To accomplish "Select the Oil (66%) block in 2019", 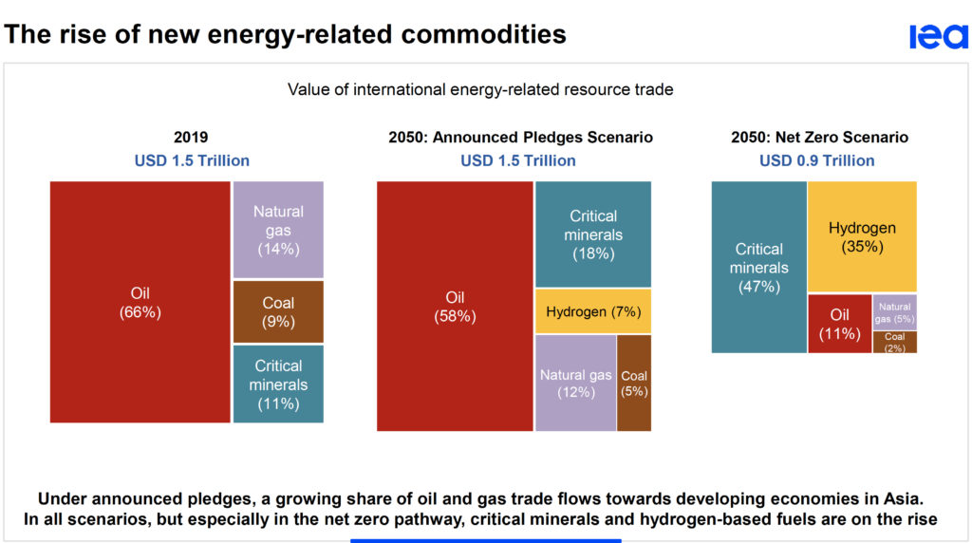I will pos(140,302).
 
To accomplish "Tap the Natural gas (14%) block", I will pos(278,230).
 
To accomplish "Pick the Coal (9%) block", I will pos(278,311).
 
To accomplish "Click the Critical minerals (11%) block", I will pos(278,384).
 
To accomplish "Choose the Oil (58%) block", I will pos(455,306).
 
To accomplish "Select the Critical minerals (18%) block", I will pos(593,234).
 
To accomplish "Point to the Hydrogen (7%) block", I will pos(593,311).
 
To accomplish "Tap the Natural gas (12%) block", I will pos(575,383).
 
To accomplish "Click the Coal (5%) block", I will pos(634,383).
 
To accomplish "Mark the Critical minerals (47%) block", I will pos(758,267).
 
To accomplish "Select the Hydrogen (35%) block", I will pos(862,236).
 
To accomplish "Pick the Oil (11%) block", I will pos(839,324).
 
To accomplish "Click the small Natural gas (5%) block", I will pos(894,311).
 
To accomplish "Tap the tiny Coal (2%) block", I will pos(894,342).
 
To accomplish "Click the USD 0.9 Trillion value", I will pos(816,160).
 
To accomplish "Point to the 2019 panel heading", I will pos(192,138).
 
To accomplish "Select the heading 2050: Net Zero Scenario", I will pos(819,138).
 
